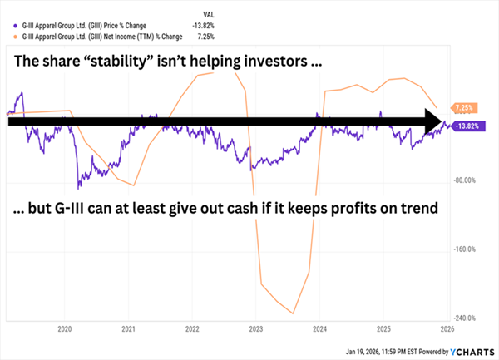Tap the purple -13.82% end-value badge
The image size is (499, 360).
[x=468, y=126]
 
